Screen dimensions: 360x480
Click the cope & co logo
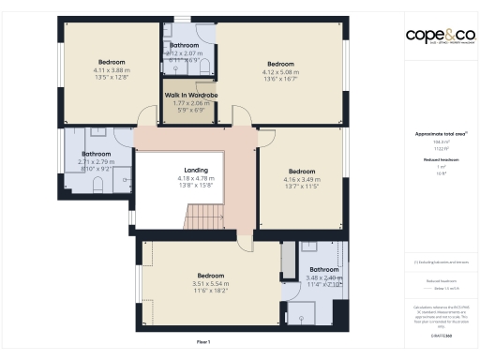[440, 36]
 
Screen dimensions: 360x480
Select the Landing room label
[196, 171]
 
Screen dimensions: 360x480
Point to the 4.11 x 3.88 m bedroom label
[110, 62]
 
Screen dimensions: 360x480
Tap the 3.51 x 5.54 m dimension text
[210, 283]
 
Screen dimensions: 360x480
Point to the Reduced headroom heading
[440, 160]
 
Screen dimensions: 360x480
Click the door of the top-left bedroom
[145, 117]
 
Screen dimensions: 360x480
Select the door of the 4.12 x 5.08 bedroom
[243, 116]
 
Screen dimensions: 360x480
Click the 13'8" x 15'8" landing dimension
[196, 185]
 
